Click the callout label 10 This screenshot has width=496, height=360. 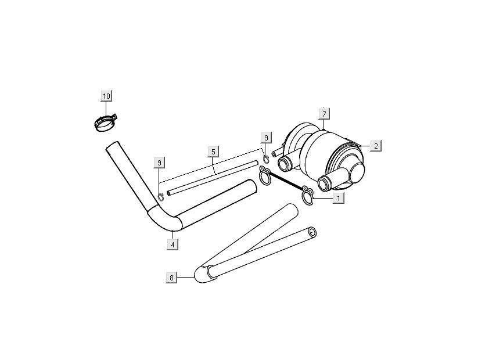[107, 96]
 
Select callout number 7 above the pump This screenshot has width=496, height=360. [324, 114]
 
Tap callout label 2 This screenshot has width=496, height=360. [376, 146]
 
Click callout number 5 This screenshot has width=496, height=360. [213, 152]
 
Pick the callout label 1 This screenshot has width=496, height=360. [339, 199]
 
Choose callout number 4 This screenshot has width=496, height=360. [172, 244]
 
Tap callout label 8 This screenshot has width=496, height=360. [171, 278]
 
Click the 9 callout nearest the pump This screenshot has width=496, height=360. [266, 138]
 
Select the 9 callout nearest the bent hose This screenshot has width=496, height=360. [159, 163]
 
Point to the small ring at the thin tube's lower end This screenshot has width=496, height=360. [161, 196]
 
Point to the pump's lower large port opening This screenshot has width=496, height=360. [324, 184]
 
